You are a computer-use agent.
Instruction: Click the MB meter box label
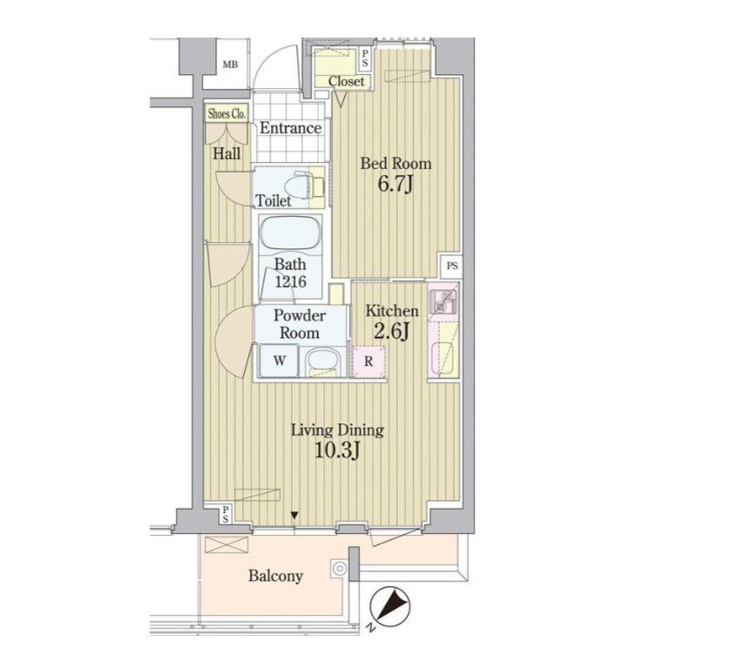[230, 64]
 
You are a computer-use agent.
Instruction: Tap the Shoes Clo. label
[226, 113]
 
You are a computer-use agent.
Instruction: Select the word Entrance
[290, 128]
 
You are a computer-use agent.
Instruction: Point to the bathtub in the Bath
[291, 233]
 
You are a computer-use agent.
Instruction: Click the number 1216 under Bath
[290, 281]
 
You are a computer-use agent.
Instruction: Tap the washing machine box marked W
[279, 361]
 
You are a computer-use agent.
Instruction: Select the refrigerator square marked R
[368, 362]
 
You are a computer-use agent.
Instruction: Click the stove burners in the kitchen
[443, 301]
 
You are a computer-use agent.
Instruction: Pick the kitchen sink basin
[443, 357]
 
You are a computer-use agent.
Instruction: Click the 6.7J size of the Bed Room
[395, 185]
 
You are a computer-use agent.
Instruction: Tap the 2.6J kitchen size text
[391, 331]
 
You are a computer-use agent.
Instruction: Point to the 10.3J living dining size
[337, 450]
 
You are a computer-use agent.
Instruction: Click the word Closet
[347, 82]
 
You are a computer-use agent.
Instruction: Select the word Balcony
[275, 576]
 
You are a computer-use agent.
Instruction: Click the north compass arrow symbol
[390, 605]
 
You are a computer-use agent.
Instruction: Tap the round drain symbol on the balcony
[340, 569]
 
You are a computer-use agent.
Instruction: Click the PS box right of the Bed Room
[451, 266]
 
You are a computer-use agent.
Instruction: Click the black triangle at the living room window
[294, 515]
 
